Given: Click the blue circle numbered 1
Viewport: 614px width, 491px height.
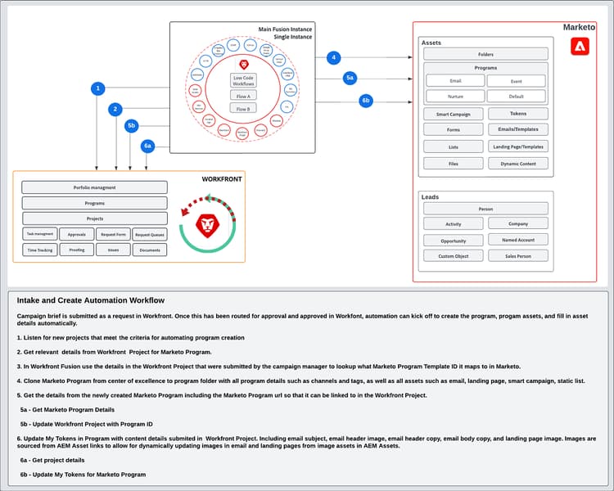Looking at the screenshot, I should pos(97,88).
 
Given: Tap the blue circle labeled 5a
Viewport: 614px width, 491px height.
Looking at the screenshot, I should pos(350,78).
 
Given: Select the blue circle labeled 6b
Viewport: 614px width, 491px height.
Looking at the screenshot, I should pos(366,101).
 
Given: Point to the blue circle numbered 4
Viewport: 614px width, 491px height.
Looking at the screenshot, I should pos(332,57).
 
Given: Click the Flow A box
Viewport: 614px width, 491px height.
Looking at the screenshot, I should pos(243,96).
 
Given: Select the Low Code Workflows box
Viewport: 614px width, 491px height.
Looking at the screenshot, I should pos(243,80).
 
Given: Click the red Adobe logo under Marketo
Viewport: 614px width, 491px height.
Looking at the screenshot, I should pos(580,47).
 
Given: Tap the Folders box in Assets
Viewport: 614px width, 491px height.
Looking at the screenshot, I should pos(485,54).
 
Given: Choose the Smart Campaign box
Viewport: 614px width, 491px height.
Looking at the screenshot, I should pos(454,114).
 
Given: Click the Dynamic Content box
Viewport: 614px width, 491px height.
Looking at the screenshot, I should pos(518,163).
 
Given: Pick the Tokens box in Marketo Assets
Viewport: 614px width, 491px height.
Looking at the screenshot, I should pos(518,114).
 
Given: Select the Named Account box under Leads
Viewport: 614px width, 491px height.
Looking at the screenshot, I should pos(518,240).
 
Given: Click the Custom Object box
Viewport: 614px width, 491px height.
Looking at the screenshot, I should pos(454,256).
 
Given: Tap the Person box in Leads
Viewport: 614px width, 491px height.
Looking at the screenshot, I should pos(485,209).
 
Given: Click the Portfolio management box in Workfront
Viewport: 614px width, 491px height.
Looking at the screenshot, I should pos(94,187).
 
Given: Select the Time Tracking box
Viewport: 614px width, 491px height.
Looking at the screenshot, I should pos(39,250).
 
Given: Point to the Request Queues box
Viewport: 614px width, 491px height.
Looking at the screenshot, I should pos(150,234).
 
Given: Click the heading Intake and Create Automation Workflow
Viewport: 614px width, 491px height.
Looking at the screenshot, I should pos(90,300).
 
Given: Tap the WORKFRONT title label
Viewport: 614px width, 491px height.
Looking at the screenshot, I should pos(221,178).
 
